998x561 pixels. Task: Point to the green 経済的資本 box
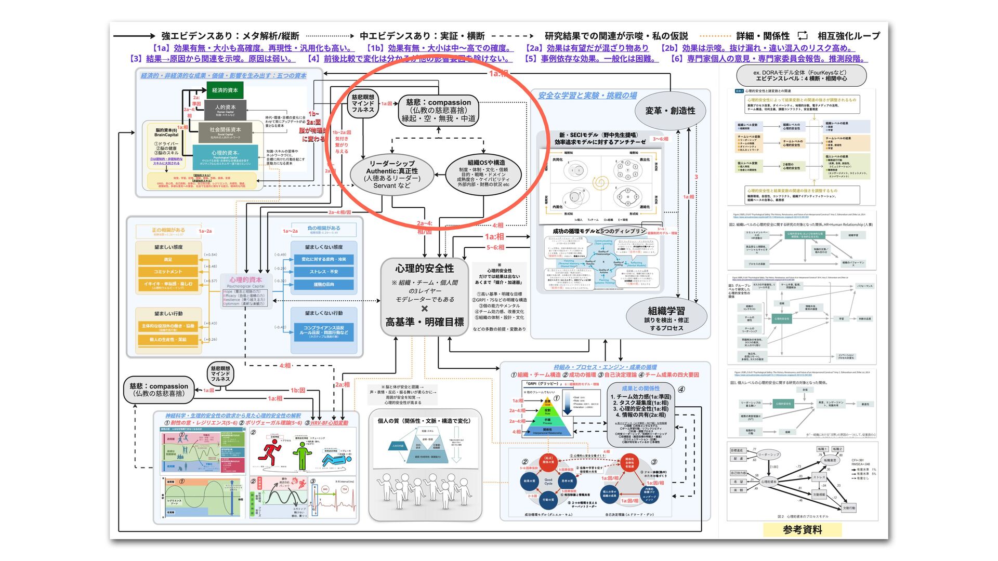225,90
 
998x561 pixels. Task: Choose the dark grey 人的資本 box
225,109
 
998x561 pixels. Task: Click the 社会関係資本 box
225,132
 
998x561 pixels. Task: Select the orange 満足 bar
168,259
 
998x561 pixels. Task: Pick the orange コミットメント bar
168,272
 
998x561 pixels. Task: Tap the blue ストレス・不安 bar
324,272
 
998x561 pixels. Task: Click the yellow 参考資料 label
802,530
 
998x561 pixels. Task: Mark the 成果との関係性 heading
640,389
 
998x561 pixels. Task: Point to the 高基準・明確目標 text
425,322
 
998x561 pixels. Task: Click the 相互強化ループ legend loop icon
803,35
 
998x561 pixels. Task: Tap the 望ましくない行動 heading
324,313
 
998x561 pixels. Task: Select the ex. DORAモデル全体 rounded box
800,76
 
